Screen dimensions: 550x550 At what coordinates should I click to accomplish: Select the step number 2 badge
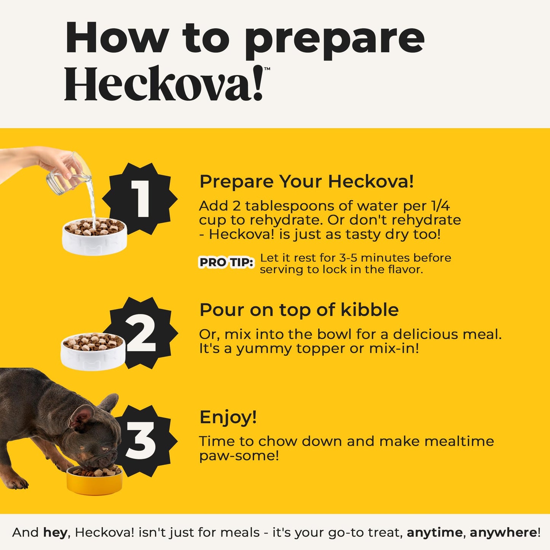[142, 333]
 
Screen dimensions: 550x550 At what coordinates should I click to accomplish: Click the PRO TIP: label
[226, 263]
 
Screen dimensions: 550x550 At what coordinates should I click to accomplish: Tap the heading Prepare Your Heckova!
[306, 181]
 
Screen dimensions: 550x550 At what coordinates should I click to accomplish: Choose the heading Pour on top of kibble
[299, 310]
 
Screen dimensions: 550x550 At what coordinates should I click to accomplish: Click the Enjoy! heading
[228, 417]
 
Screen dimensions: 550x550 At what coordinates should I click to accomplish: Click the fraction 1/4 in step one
[440, 206]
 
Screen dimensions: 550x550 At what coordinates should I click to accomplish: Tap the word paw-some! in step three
[239, 456]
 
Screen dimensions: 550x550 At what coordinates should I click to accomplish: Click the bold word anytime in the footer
[435, 532]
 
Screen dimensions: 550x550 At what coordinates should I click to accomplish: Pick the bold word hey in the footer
[55, 532]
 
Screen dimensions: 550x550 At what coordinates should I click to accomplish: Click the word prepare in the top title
[334, 39]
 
